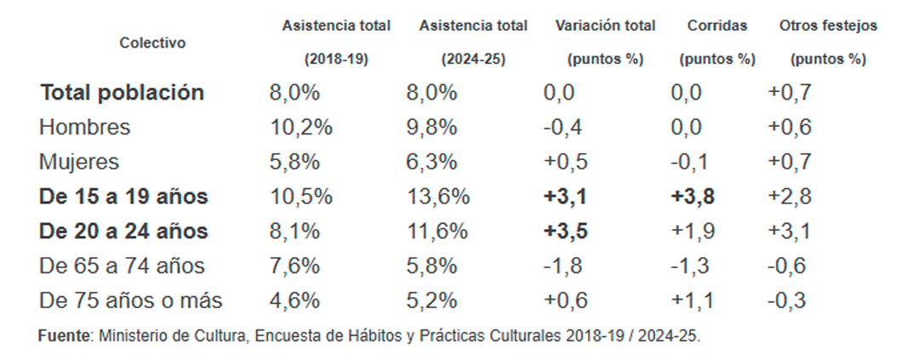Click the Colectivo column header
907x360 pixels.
pyautogui.click(x=152, y=43)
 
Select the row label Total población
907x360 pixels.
pyautogui.click(x=122, y=93)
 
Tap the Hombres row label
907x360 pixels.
pyautogui.click(x=85, y=128)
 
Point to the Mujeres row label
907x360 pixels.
pyautogui.click(x=79, y=162)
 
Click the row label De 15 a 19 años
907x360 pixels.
pyautogui.click(x=123, y=197)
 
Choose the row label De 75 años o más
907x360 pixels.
pyautogui.click(x=130, y=300)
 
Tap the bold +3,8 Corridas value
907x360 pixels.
pyautogui.click(x=693, y=197)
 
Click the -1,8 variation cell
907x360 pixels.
pyautogui.click(x=562, y=266)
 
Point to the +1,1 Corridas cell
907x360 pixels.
pyautogui.click(x=691, y=300)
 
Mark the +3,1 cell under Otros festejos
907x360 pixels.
pyautogui.click(x=789, y=231)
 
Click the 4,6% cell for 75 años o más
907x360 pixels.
pyautogui.click(x=294, y=300)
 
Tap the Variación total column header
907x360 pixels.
pyautogui.click(x=605, y=26)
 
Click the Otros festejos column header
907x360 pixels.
pyautogui.click(x=828, y=26)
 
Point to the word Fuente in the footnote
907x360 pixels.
pyautogui.click(x=64, y=336)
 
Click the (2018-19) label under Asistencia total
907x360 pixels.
pyautogui.click(x=336, y=60)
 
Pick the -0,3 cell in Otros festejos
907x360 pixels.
pyautogui.click(x=787, y=300)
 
